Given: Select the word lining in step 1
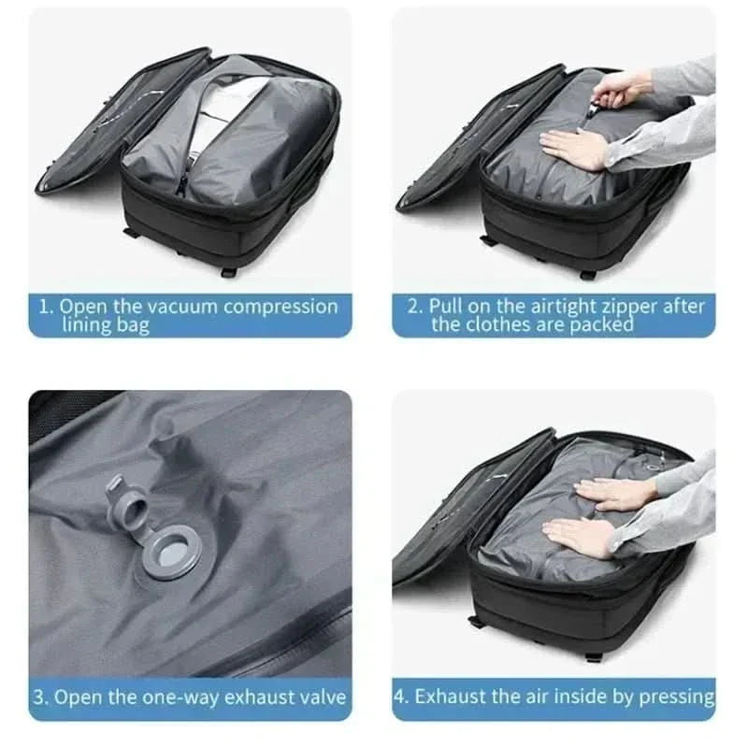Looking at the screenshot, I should pyautogui.click(x=86, y=325).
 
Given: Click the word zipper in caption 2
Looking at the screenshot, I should pyautogui.click(x=634, y=307).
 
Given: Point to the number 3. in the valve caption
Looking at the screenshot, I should pyautogui.click(x=41, y=697).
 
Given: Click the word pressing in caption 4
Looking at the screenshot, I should pyautogui.click(x=681, y=697).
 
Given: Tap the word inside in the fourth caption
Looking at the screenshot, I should pyautogui.click(x=600, y=697).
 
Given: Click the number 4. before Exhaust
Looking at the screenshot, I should pyautogui.click(x=403, y=697).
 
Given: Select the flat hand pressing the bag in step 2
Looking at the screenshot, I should pyautogui.click(x=575, y=147).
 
